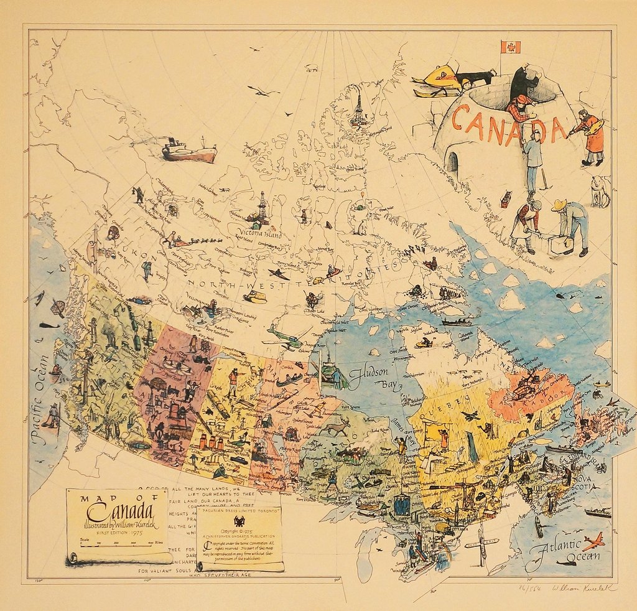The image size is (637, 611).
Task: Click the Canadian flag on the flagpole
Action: pyautogui.click(x=510, y=47)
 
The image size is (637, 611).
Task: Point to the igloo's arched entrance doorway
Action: pyautogui.click(x=452, y=162)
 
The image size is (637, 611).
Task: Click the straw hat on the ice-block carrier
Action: pyautogui.click(x=559, y=205)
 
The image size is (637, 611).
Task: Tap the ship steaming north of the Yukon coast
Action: pyautogui.click(x=189, y=151)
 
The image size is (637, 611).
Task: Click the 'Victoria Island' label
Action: pyautogui.click(x=258, y=234)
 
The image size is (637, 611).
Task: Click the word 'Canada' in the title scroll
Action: pyautogui.click(x=120, y=511)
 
